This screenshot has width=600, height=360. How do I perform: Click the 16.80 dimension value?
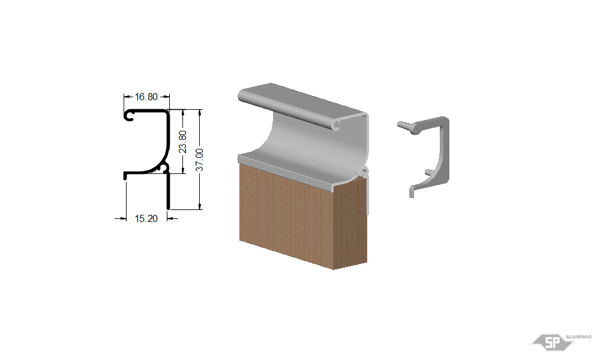coord(146,97)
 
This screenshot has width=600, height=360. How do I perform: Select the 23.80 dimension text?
coord(183,142)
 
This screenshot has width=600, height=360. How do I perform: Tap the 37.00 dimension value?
coord(199,160)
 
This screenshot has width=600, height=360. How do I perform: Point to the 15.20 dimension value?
coord(146,218)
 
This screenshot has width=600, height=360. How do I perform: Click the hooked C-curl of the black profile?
coord(128,115)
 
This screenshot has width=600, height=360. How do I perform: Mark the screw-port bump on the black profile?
coord(164,167)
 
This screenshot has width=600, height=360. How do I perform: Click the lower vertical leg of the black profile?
coord(168,191)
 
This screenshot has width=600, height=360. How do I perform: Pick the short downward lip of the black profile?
coord(125,176)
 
